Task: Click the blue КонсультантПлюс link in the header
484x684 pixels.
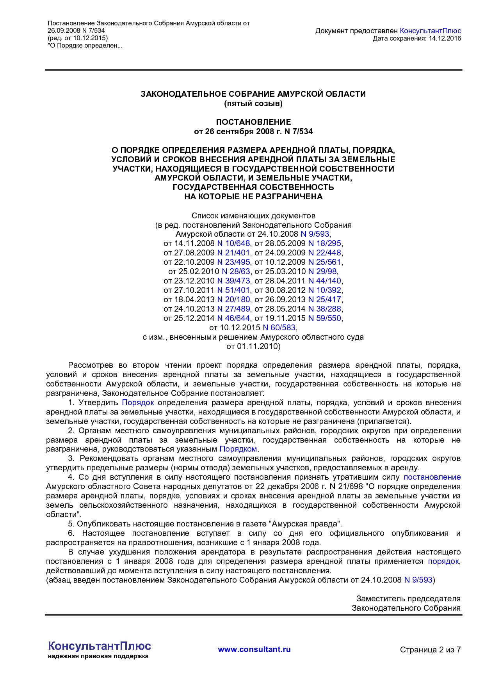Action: coord(431,31)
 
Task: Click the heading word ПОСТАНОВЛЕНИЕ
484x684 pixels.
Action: coord(253,122)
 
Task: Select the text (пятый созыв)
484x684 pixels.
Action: coord(253,103)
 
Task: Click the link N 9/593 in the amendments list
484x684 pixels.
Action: coord(315,234)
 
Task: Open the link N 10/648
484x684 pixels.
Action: coord(233,243)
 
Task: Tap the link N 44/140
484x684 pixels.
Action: coord(324,281)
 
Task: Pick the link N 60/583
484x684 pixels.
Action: coord(279,328)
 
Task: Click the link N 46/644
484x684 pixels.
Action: coord(233,318)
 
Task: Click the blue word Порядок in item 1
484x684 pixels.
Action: coord(138,402)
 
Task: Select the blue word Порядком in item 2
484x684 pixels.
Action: coord(238,449)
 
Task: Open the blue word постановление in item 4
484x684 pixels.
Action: coord(432,477)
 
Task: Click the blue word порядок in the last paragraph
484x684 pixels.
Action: coord(443,561)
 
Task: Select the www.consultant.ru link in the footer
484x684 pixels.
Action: coord(254,649)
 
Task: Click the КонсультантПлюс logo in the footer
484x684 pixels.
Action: coord(99,646)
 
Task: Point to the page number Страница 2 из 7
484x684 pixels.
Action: coord(430,650)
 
